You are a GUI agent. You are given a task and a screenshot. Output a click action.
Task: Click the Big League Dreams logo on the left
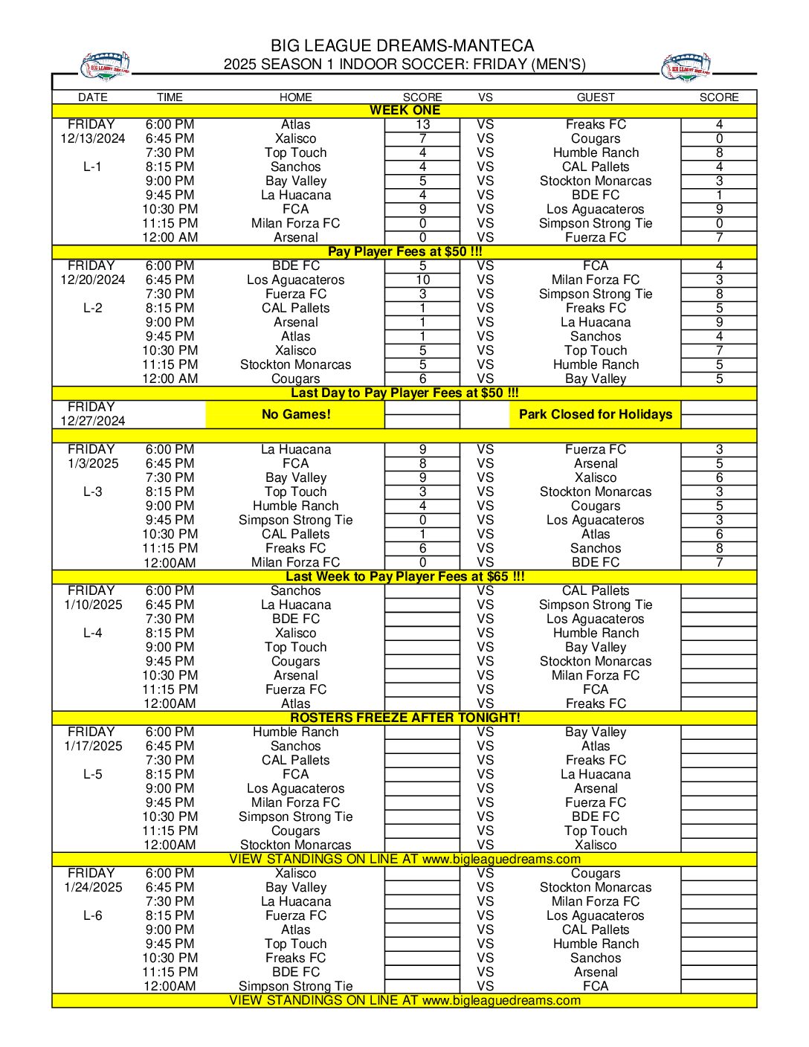(x=105, y=65)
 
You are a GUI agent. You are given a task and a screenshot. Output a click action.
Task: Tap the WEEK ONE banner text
(x=404, y=110)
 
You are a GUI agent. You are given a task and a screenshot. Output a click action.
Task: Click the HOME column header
(x=295, y=97)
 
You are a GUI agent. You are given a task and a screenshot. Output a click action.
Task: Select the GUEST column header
(x=596, y=97)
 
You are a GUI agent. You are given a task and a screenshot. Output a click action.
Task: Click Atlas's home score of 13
(x=422, y=125)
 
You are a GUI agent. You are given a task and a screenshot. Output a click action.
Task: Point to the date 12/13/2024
(x=93, y=138)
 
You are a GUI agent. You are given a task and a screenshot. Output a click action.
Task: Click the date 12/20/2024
(x=93, y=280)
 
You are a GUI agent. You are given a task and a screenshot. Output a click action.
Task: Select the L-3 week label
(x=93, y=492)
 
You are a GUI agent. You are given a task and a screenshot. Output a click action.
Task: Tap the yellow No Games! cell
(x=295, y=414)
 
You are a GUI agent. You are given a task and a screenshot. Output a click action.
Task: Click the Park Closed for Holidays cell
(x=595, y=414)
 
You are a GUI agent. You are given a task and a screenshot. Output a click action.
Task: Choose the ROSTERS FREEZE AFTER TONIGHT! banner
(x=404, y=718)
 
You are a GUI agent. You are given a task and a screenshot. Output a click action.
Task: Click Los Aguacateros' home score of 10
(x=422, y=280)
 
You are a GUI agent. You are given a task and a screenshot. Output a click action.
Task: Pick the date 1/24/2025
(x=93, y=887)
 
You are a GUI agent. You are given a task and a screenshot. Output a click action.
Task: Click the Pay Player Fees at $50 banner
(x=404, y=251)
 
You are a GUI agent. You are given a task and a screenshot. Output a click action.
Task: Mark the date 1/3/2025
(x=93, y=463)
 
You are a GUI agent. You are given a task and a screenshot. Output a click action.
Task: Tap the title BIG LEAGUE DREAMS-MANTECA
(x=402, y=46)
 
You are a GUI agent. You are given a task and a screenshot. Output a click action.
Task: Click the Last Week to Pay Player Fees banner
(x=404, y=576)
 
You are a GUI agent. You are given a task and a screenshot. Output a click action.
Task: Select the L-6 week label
(x=93, y=915)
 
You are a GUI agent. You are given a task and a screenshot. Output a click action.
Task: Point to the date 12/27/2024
(x=93, y=421)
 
